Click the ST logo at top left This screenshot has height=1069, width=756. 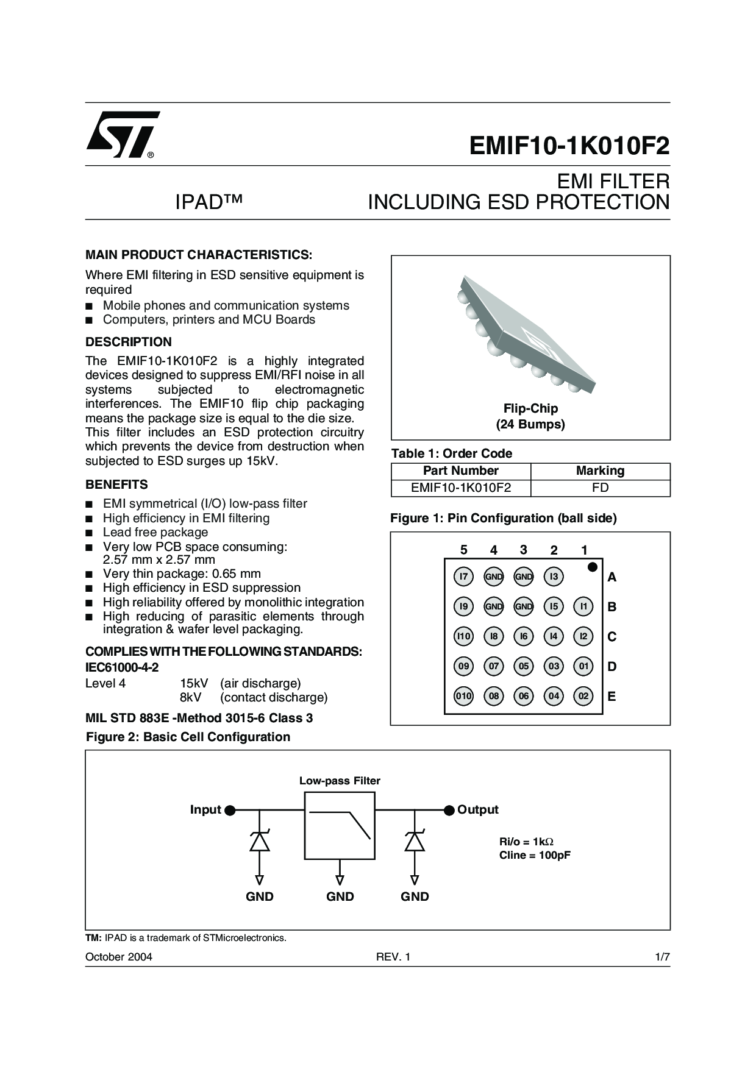[123, 134]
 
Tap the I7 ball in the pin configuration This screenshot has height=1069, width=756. [463, 577]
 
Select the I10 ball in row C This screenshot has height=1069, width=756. [463, 636]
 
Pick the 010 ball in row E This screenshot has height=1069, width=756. [463, 696]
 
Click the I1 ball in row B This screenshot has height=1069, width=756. [583, 606]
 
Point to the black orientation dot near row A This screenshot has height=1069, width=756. [591, 567]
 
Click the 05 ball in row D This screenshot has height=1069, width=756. [524, 666]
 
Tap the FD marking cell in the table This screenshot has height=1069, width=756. [600, 488]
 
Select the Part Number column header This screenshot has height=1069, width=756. [460, 471]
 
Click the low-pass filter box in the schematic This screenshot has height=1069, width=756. [340, 825]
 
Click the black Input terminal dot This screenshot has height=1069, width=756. [230, 810]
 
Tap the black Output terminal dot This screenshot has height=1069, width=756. [449, 810]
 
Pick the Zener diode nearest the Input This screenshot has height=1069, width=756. [260, 841]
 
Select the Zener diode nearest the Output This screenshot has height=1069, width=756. [415, 841]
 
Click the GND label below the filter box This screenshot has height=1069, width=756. [340, 897]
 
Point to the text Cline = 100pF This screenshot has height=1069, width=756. [535, 855]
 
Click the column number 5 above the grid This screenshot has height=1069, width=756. [463, 550]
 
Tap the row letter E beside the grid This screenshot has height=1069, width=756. [612, 696]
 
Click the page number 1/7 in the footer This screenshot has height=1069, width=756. [662, 957]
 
